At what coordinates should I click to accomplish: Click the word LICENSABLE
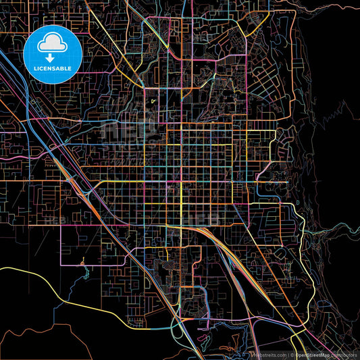[52, 69]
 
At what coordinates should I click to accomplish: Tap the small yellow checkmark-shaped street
[155, 102]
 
